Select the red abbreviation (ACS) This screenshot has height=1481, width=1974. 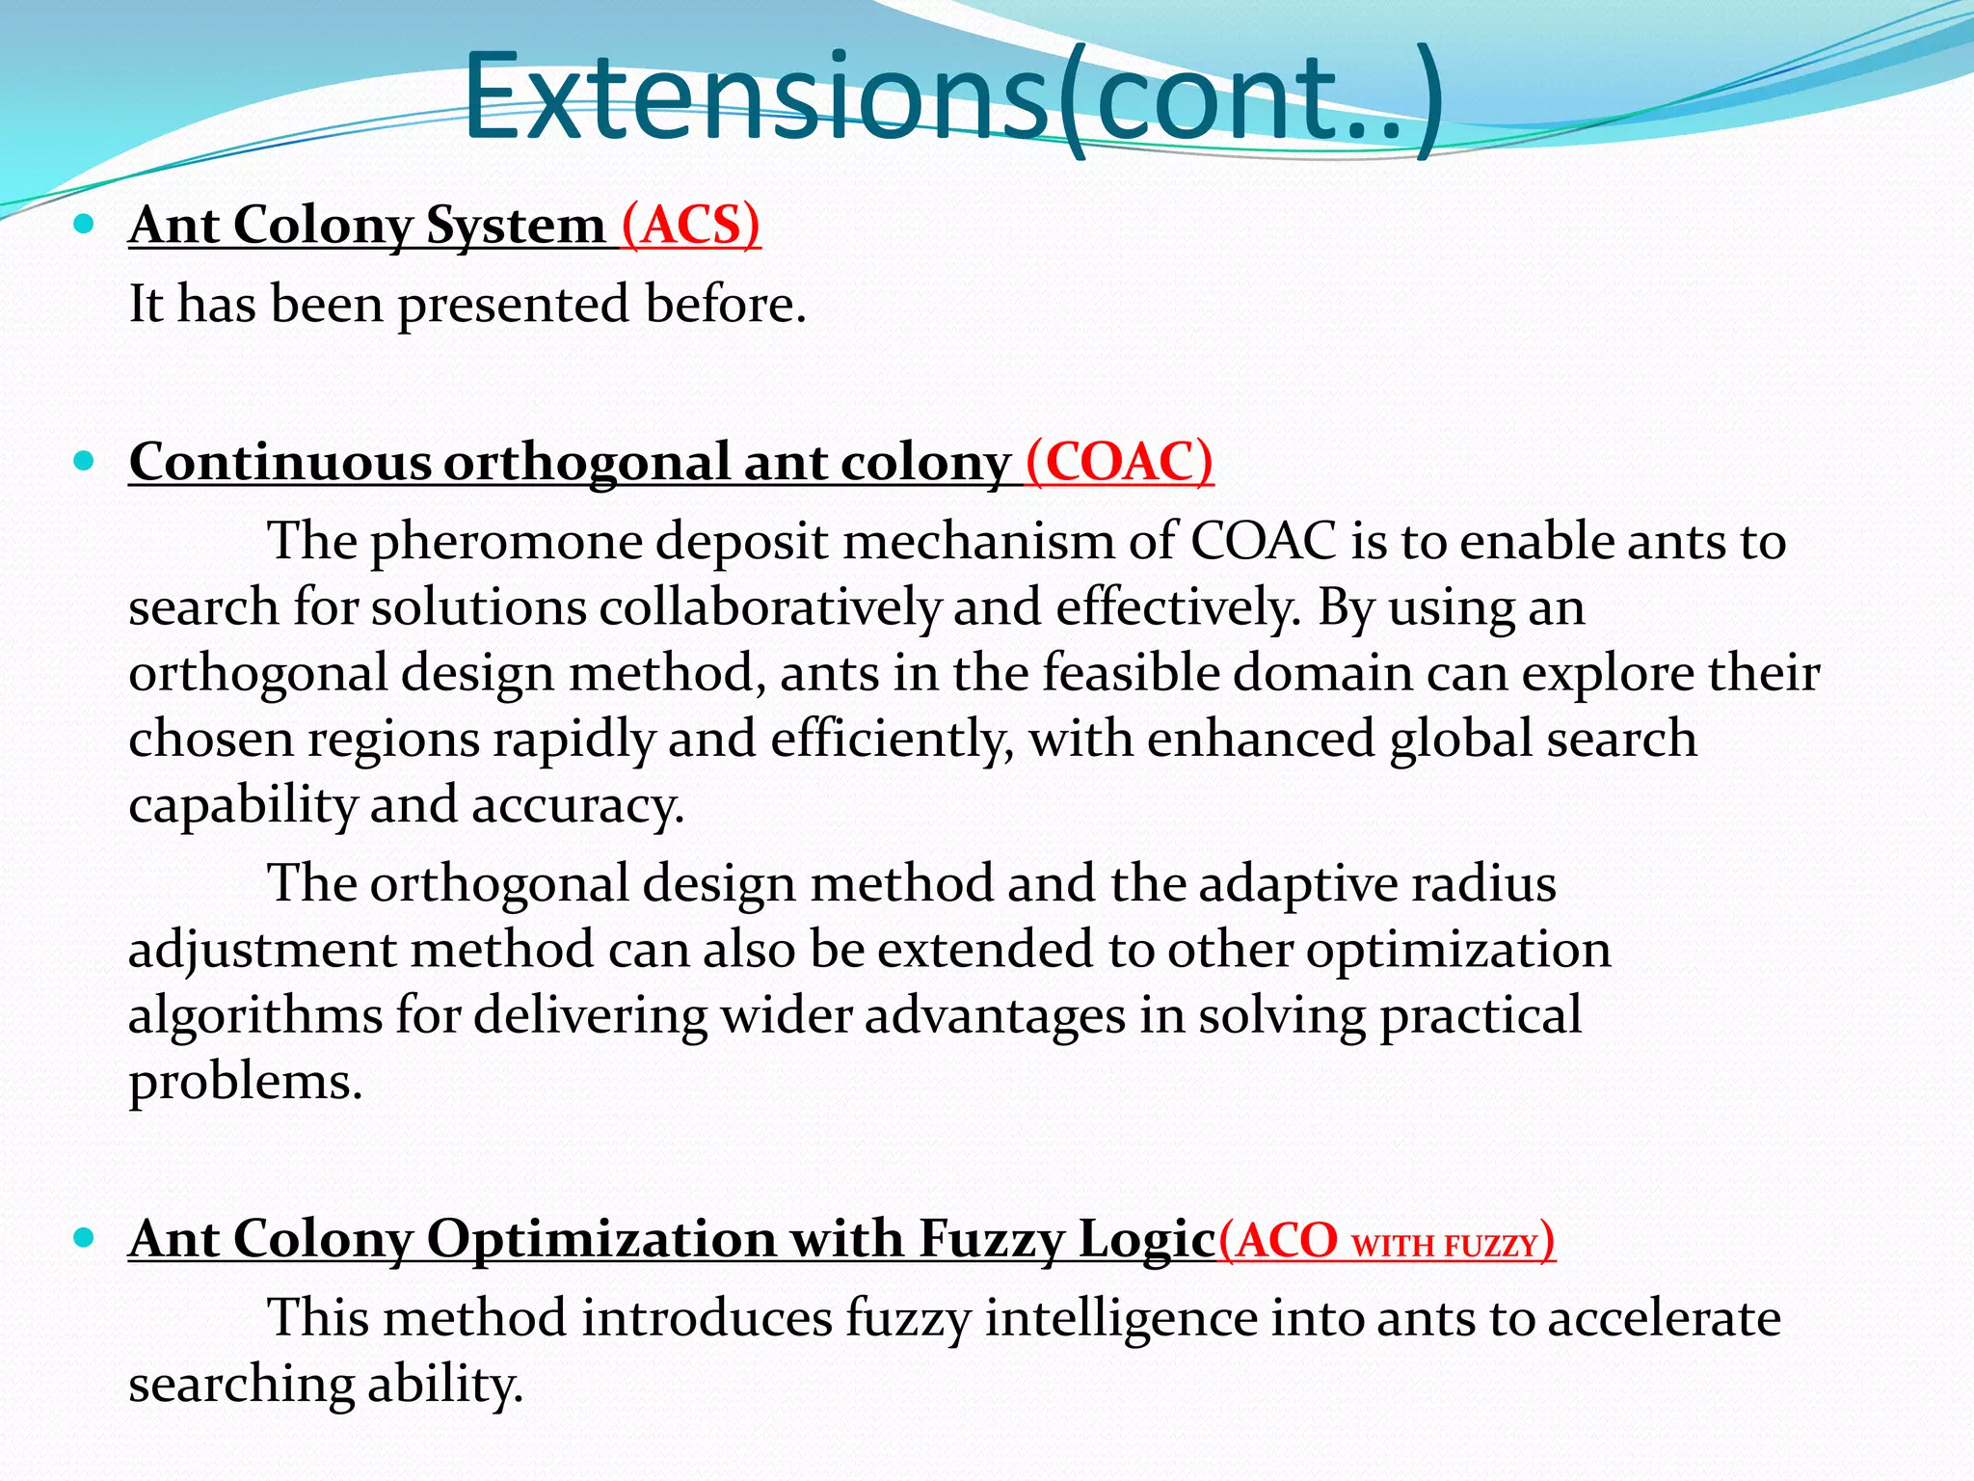click(x=690, y=226)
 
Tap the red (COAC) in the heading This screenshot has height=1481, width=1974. click(x=1119, y=462)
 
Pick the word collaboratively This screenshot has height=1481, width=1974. click(x=769, y=608)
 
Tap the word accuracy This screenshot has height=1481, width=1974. click(x=577, y=806)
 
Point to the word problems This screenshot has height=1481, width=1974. click(x=245, y=1082)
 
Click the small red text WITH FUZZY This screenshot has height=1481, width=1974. click(x=1443, y=1246)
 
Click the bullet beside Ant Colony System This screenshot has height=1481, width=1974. click(x=84, y=226)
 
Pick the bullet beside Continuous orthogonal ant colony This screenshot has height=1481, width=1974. click(x=84, y=462)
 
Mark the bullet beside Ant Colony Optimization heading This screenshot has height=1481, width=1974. click(x=84, y=1238)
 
